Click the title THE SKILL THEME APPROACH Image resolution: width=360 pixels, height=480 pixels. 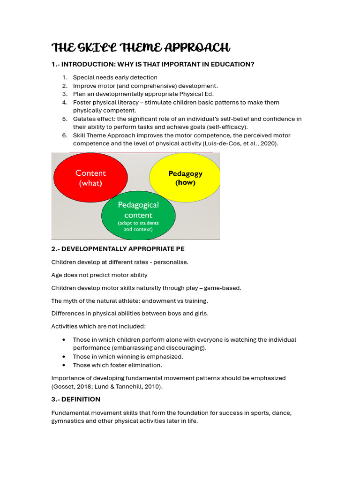click(x=141, y=48)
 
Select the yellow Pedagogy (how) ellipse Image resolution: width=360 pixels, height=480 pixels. click(x=185, y=178)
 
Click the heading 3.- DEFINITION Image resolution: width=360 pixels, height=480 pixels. click(x=75, y=399)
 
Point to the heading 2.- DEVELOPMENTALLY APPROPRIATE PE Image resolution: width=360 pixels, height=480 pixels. click(x=121, y=249)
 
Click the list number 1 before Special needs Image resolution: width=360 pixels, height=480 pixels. click(x=65, y=77)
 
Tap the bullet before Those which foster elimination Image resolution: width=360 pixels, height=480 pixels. click(x=63, y=365)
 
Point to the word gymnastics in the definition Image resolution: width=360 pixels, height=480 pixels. click(x=70, y=421)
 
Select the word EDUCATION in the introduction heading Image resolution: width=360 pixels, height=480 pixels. click(x=229, y=64)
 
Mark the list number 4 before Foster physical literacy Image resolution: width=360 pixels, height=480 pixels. click(x=65, y=103)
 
